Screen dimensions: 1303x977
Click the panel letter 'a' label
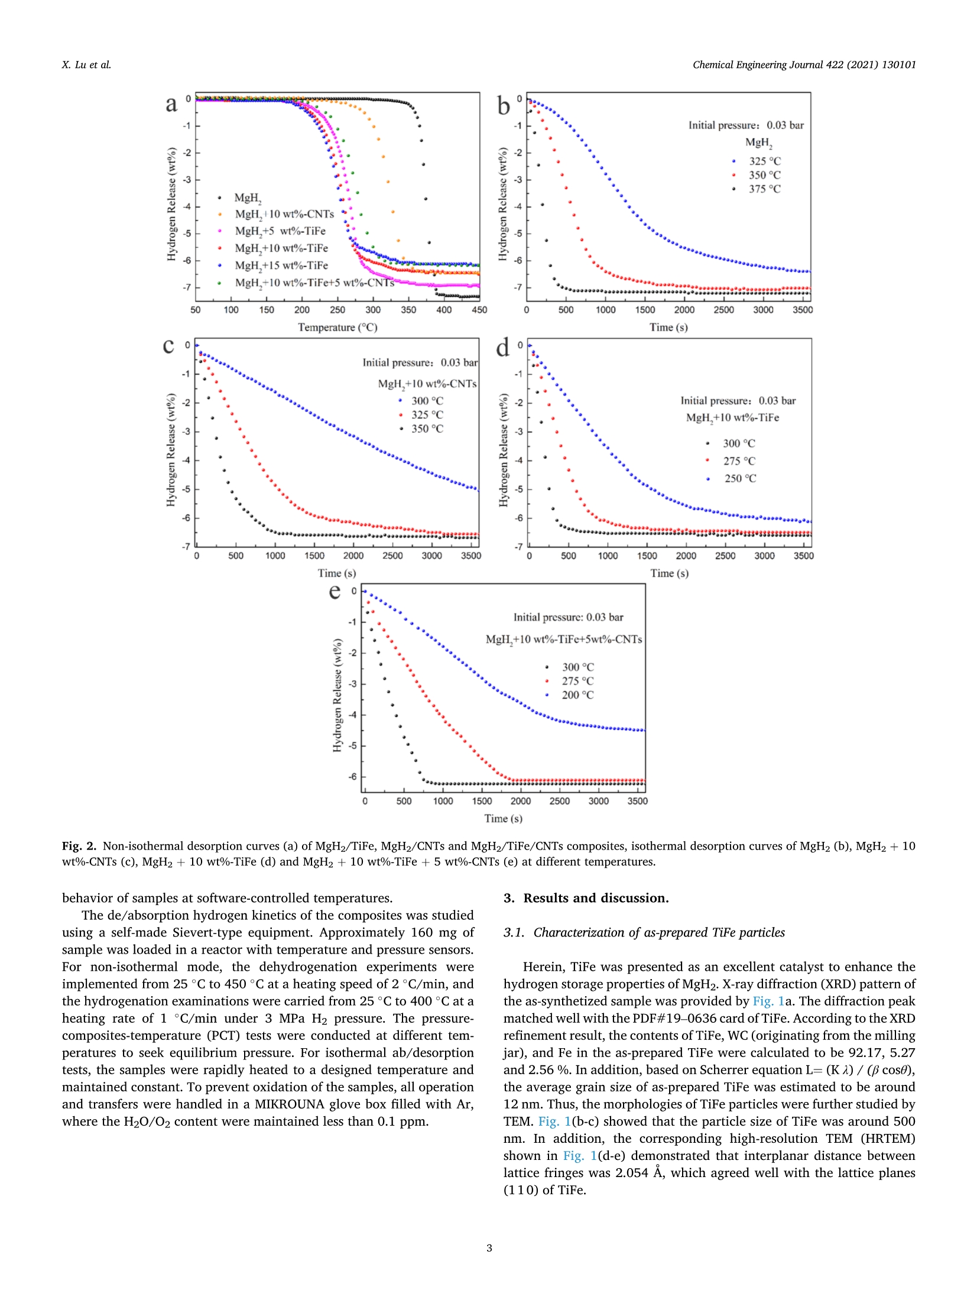pos(171,105)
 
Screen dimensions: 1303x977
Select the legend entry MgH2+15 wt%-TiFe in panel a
pos(281,265)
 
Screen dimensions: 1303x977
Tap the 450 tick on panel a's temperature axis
pos(479,310)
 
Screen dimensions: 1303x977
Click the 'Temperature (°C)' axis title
pos(337,328)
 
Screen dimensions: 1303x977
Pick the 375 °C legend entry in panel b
pos(764,189)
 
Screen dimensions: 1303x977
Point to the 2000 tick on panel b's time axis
pos(684,310)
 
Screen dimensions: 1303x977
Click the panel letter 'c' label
pos(168,346)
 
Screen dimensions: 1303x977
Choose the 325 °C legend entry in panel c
pos(427,415)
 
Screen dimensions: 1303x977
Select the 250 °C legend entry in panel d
pos(740,478)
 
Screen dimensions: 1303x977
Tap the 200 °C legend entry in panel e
pos(577,695)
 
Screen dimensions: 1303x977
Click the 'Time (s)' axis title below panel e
pos(504,819)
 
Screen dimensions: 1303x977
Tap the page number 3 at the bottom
pos(489,1248)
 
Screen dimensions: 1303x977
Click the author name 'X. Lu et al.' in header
pos(86,65)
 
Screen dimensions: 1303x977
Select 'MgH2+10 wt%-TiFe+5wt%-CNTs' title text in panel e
pos(564,640)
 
